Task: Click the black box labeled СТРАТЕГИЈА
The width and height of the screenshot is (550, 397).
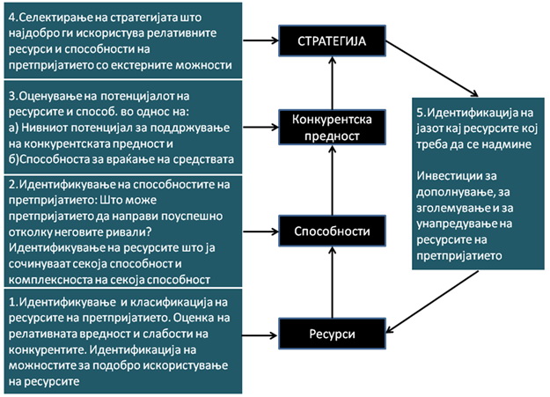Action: (332, 40)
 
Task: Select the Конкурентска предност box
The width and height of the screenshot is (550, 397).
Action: (333, 129)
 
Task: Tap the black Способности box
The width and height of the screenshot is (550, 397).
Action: (332, 232)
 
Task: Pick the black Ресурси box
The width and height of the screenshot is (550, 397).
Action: (332, 332)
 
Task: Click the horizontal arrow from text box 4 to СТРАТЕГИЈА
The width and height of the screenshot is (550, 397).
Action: (260, 40)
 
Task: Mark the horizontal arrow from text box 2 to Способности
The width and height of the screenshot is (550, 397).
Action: (260, 232)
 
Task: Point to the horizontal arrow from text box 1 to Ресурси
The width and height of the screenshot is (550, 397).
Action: (260, 334)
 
